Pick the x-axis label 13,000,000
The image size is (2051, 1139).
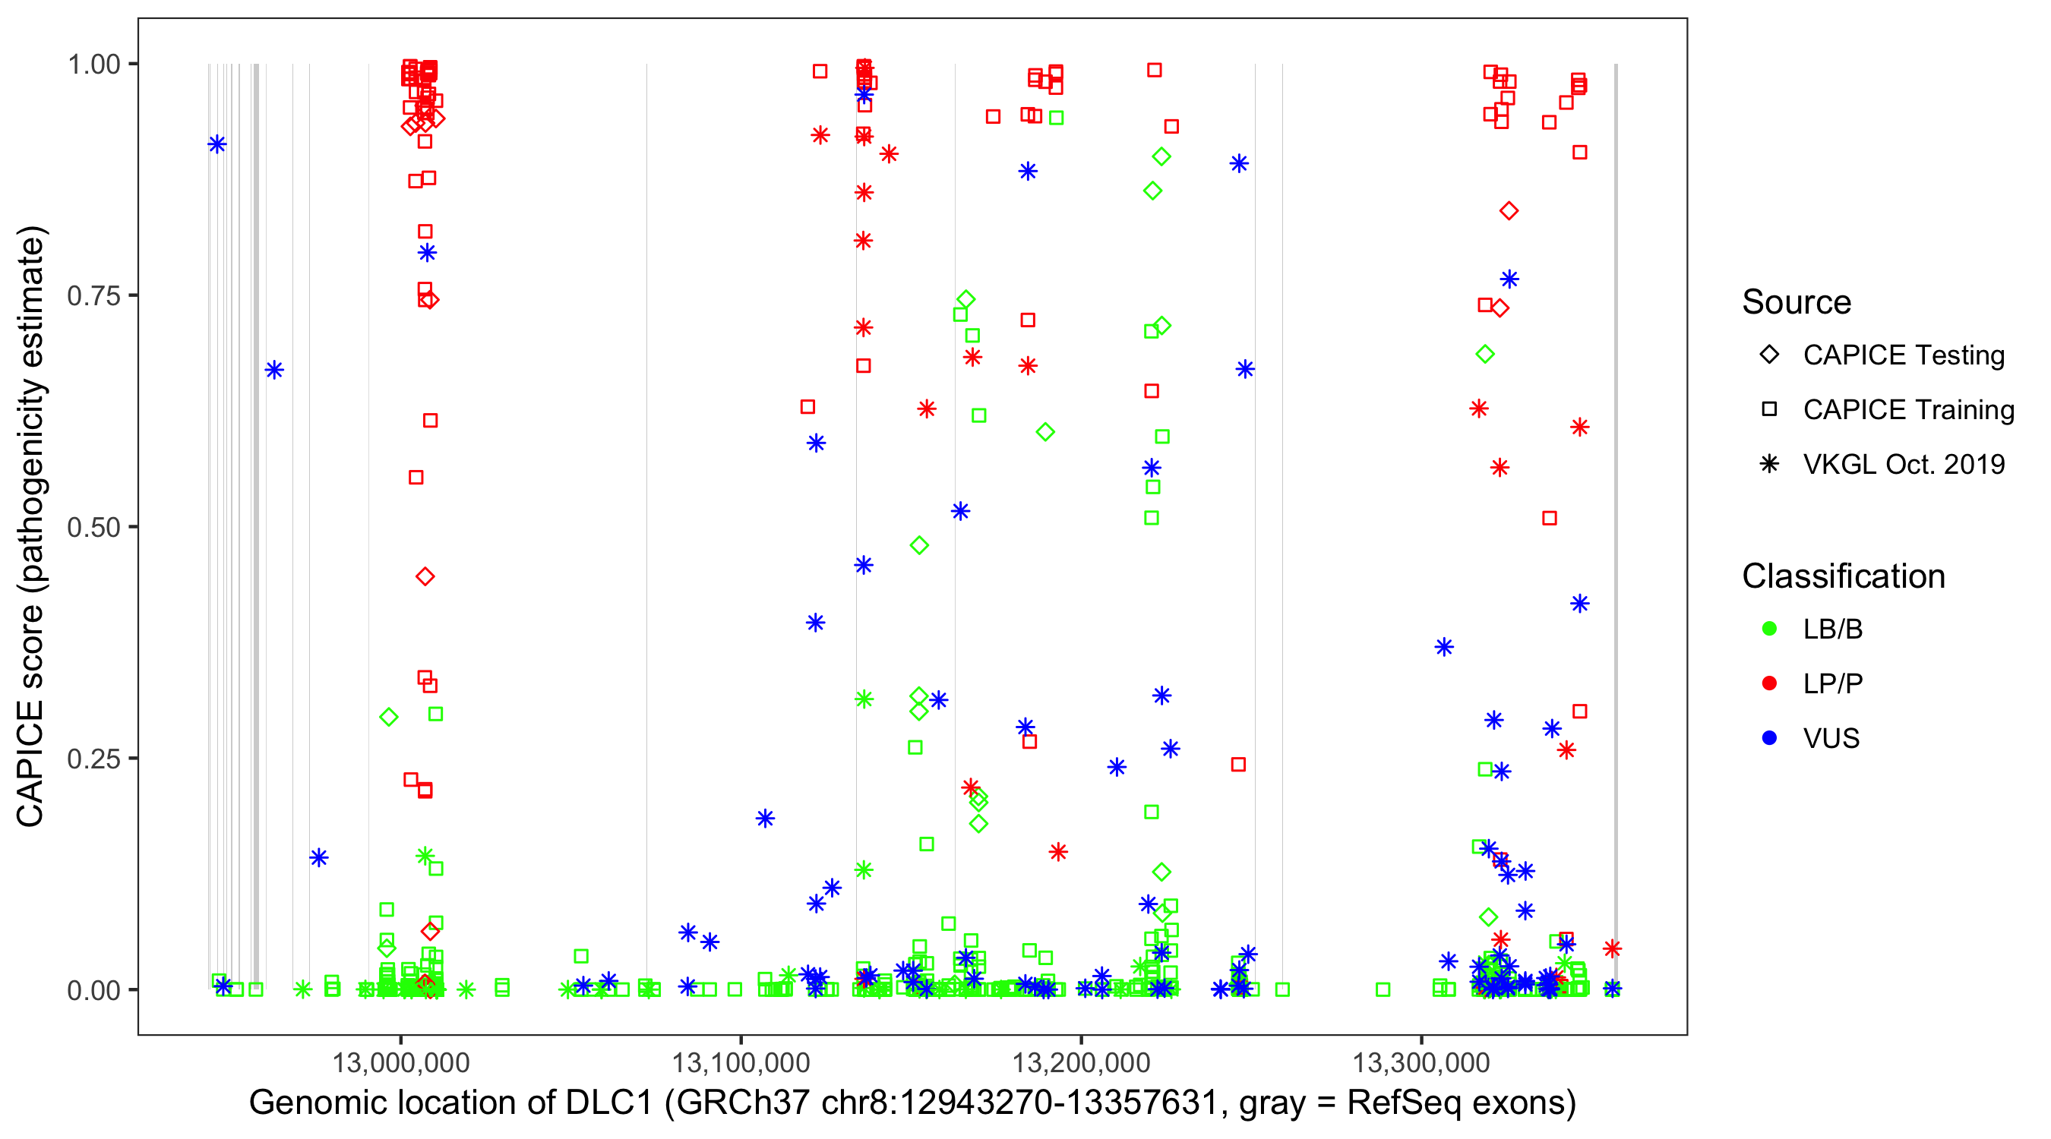(400, 1062)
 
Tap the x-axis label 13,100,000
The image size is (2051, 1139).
(741, 1062)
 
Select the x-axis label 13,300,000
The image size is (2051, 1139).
(1421, 1062)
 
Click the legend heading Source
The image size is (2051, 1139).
(1797, 302)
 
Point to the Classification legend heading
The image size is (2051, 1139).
(1843, 576)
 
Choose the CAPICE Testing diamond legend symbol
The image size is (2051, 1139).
(1769, 355)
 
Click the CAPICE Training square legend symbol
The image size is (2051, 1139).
(1769, 410)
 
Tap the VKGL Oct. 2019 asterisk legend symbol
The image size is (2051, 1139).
(1769, 464)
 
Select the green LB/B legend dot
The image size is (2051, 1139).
(1769, 629)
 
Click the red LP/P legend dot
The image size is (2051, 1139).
(1769, 683)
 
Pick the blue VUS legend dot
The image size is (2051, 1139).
(1769, 739)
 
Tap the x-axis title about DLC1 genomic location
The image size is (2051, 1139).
(912, 1103)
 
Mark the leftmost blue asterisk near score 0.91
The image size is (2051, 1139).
(216, 145)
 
